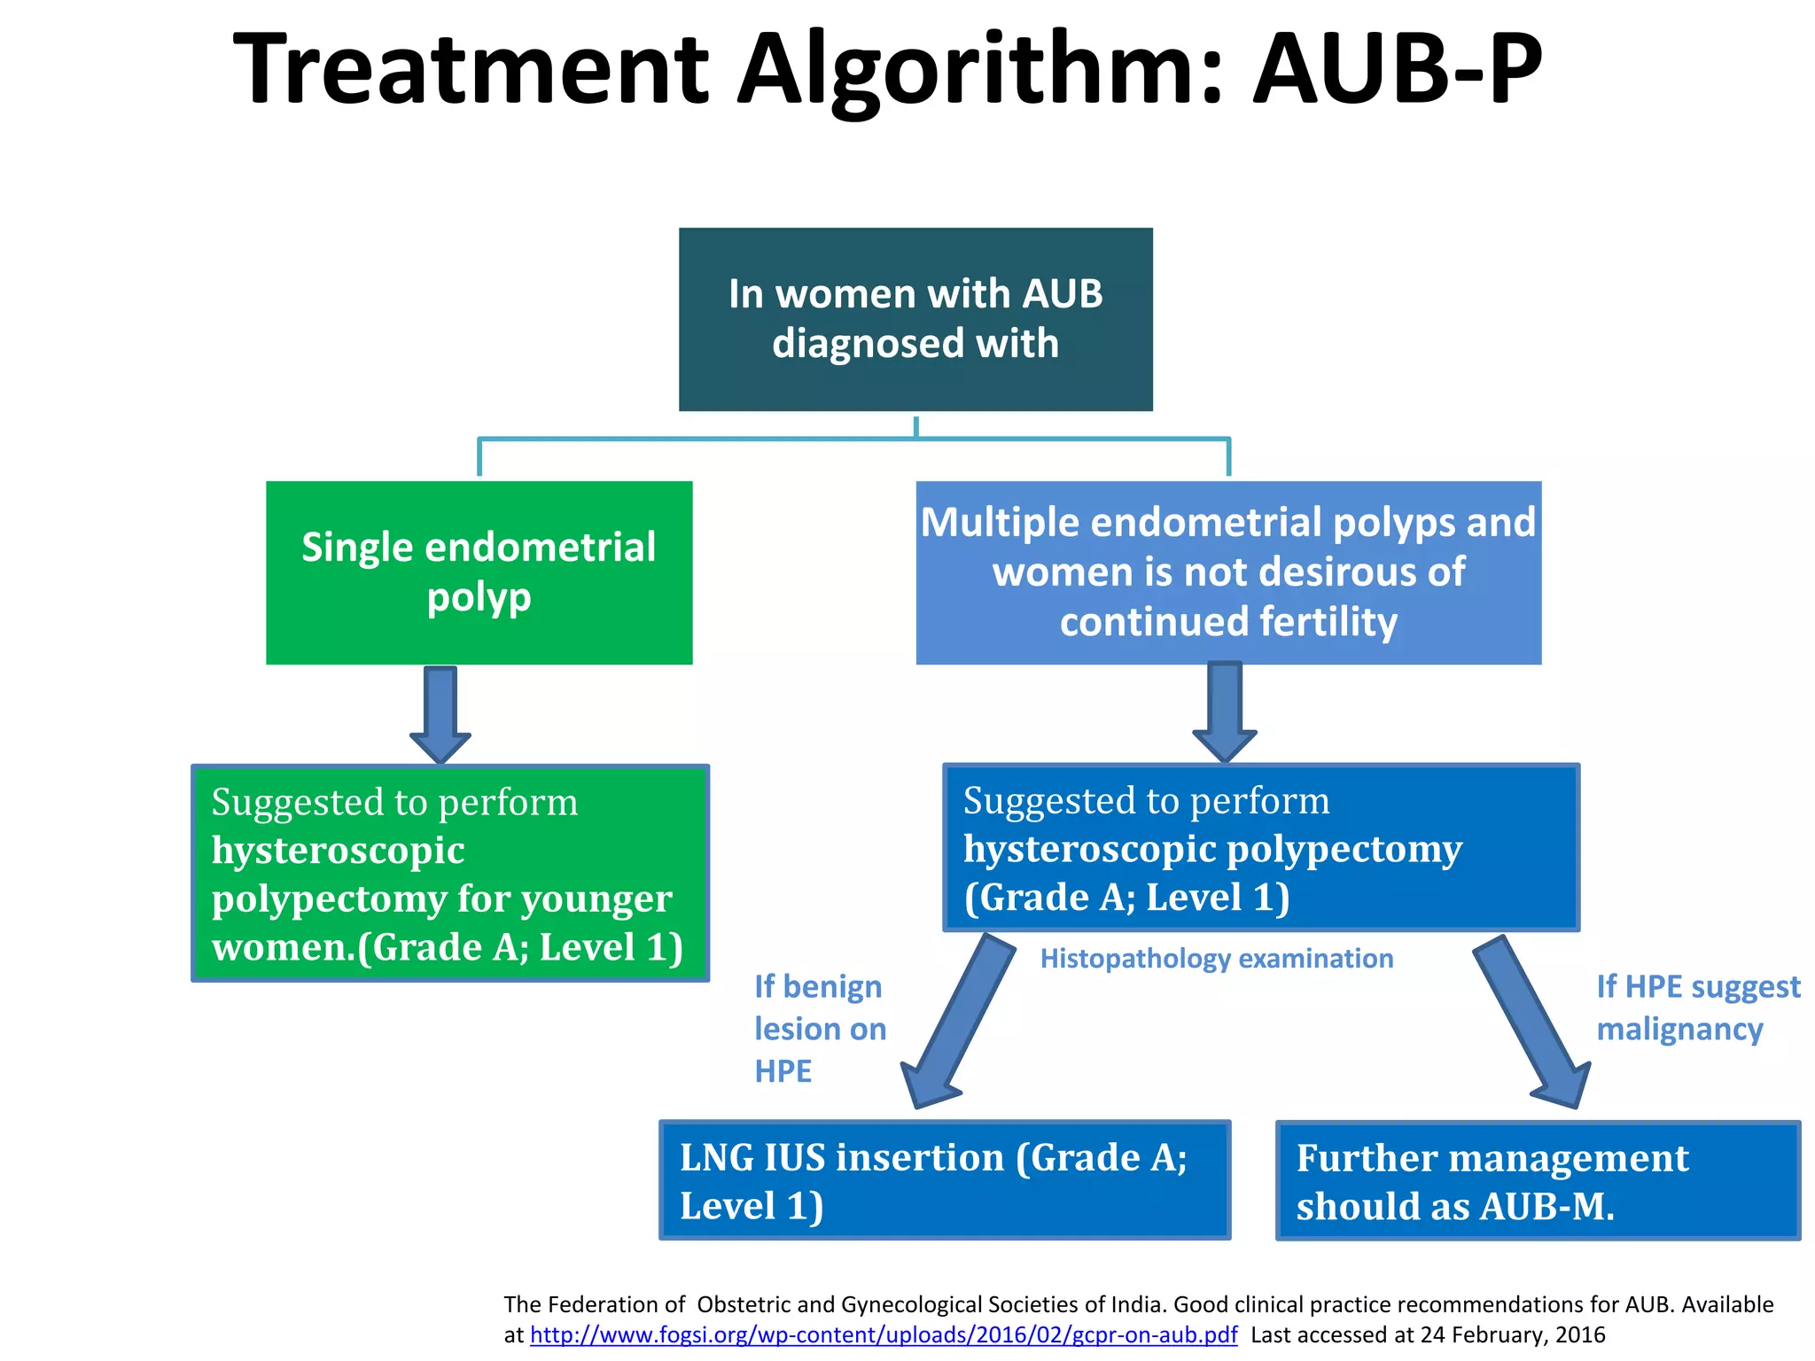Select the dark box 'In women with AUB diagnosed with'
click(x=915, y=319)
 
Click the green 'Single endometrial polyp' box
click(x=479, y=572)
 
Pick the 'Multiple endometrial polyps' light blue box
click(x=1228, y=572)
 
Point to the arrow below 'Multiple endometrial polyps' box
click(x=1225, y=709)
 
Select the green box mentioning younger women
click(x=450, y=873)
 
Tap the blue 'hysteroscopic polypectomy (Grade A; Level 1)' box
click(x=1260, y=847)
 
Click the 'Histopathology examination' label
click(x=1216, y=959)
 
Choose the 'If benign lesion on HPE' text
click(x=819, y=1029)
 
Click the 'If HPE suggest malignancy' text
click(x=1697, y=1007)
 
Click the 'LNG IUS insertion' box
click(x=945, y=1180)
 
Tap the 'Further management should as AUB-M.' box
click(x=1538, y=1181)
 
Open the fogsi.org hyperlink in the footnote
click(x=884, y=1334)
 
